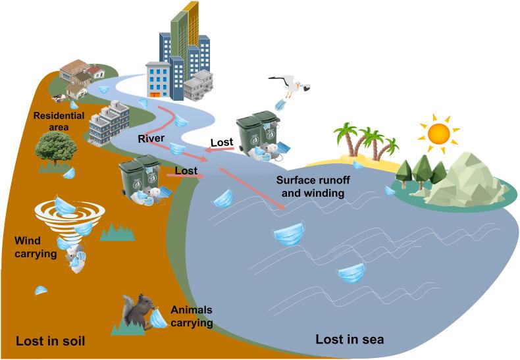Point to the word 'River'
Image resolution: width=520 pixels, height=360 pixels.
151,139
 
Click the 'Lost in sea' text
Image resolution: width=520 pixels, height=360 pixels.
350,340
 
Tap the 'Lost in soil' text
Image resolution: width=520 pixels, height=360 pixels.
51,340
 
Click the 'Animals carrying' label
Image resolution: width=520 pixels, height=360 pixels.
192,317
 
